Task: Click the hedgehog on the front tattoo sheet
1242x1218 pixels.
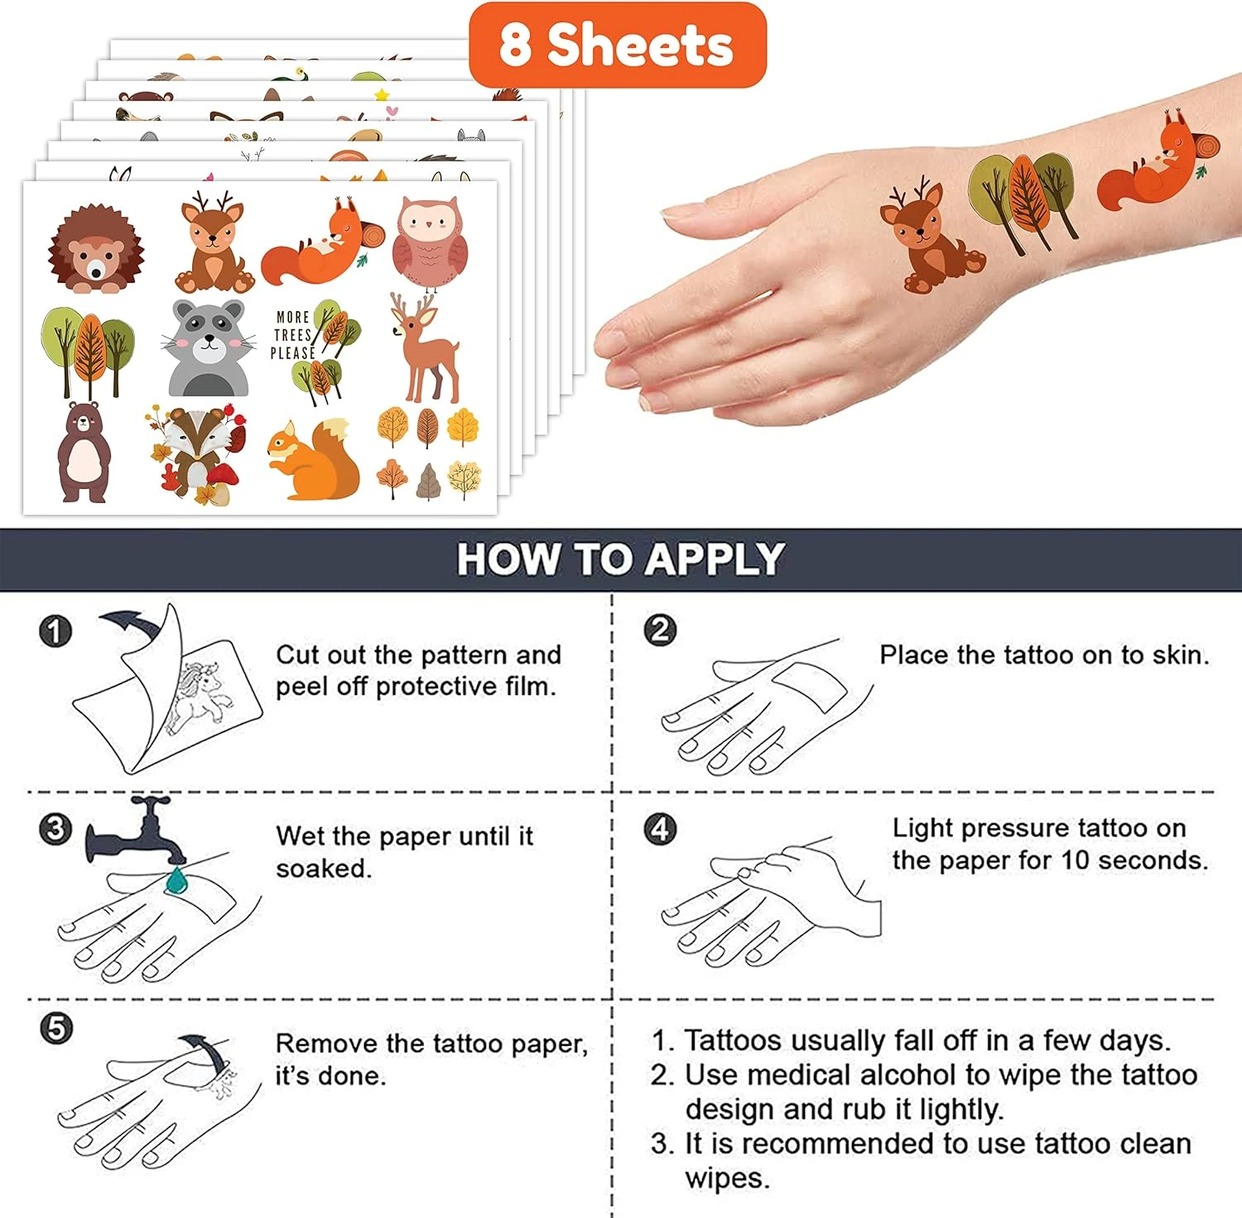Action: pyautogui.click(x=94, y=250)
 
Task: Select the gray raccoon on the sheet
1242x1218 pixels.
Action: pyautogui.click(x=209, y=348)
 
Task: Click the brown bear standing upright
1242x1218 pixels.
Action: pyautogui.click(x=83, y=452)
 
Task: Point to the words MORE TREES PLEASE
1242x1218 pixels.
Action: pyautogui.click(x=293, y=335)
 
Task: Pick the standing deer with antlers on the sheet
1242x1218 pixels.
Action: pyautogui.click(x=426, y=348)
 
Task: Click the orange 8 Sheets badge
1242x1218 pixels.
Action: pyautogui.click(x=618, y=45)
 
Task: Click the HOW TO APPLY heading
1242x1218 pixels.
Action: pyautogui.click(x=621, y=559)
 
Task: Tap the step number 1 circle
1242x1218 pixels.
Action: pyautogui.click(x=55, y=631)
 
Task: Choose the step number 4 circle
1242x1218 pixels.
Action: pyautogui.click(x=660, y=828)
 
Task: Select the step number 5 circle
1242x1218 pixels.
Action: pyautogui.click(x=55, y=1029)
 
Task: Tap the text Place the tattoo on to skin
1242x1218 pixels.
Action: pyautogui.click(x=1044, y=655)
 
